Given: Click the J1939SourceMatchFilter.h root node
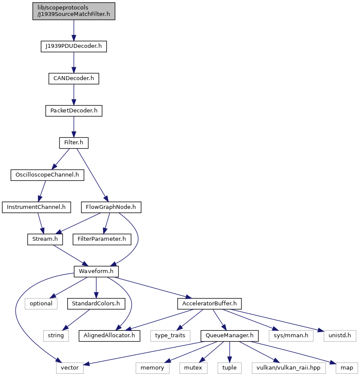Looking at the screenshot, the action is coord(74,11).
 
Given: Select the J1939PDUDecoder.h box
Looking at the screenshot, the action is coord(74,46).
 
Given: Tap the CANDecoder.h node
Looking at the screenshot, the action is coord(74,79).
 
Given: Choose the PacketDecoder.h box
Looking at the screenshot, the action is coord(74,111).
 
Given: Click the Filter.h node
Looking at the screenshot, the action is coord(74,143).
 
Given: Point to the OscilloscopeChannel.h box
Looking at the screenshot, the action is coord(47,175).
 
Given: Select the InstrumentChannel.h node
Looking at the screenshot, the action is coord(37,207).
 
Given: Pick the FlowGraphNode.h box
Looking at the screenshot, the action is coord(111,207).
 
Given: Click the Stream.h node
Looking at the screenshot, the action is coord(45,239).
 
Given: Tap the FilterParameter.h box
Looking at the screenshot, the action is coord(102,239).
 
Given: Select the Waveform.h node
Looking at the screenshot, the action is coord(96,271).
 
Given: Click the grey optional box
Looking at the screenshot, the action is coord(41,304).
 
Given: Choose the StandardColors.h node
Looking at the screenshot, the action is coord(96,304).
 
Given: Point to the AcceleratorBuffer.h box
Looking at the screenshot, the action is coord(210,304).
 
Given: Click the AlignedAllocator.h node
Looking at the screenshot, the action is coord(110,336).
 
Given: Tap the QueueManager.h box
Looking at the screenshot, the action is coord(230,336).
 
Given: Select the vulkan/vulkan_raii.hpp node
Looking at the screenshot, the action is coord(289,368).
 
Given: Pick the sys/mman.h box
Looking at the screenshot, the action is coord(291,336).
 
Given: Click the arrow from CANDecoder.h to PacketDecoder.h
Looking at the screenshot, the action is coord(74,95).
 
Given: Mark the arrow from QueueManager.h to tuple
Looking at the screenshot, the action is coord(230,352).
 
